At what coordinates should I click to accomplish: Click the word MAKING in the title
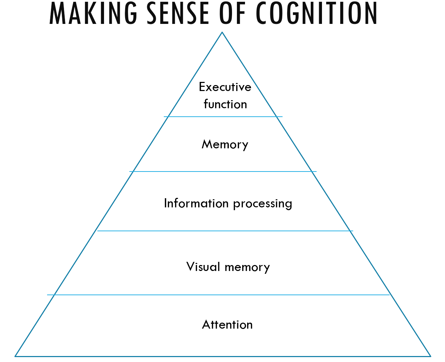coord(93,13)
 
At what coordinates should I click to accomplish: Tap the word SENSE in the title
coord(178,13)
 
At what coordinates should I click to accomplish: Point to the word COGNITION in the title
coord(316,13)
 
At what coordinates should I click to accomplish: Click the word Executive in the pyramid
coord(225,87)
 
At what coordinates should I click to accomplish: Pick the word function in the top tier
coord(225,104)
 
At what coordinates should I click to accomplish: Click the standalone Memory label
coord(225,144)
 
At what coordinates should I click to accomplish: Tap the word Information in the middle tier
coord(196,203)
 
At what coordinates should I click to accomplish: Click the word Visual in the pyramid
coord(203,267)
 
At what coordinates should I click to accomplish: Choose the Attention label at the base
coord(227,325)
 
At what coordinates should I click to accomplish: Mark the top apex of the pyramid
coord(222,32)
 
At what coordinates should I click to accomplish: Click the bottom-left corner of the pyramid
coord(15,356)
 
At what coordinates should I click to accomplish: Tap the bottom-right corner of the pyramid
coord(431,356)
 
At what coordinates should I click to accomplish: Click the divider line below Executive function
coord(223,117)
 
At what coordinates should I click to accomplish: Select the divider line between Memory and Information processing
coord(223,172)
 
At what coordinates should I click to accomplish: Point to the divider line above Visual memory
coord(225,231)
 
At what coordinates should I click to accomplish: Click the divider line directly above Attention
coord(218,295)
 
